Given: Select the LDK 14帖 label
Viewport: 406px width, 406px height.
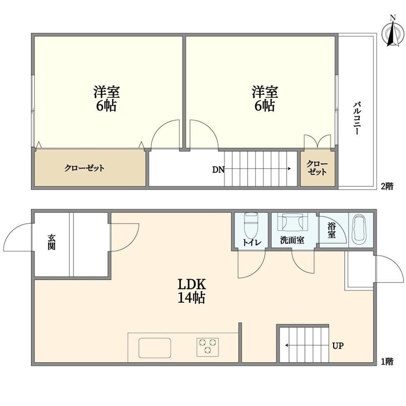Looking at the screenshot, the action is pyautogui.click(x=192, y=291).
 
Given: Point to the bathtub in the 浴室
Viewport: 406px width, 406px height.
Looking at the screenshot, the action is pyautogui.click(x=361, y=228).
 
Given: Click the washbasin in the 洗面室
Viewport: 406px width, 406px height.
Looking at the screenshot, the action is pyautogui.click(x=292, y=222).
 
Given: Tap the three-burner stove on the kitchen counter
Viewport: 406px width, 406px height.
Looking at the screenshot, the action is pyautogui.click(x=207, y=347).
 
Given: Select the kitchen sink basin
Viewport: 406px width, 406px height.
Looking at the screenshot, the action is pyautogui.click(x=154, y=348).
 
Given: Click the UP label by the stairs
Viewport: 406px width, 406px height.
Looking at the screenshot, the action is pyautogui.click(x=338, y=346).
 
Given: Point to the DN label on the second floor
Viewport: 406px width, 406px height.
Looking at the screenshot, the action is pyautogui.click(x=218, y=170).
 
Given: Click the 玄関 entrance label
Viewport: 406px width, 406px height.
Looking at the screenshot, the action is pyautogui.click(x=52, y=242).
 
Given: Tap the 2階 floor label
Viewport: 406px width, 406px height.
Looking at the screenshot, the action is pyautogui.click(x=387, y=186).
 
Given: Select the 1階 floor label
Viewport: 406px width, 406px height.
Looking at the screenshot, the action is pyautogui.click(x=387, y=361).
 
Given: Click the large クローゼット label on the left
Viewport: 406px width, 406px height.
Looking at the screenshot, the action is pyautogui.click(x=84, y=168).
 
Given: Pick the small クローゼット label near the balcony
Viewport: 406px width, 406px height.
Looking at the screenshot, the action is pyautogui.click(x=317, y=168).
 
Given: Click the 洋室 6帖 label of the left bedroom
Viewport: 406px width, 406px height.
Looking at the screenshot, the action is pyautogui.click(x=106, y=99).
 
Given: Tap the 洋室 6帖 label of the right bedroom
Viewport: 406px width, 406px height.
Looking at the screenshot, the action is pyautogui.click(x=265, y=99).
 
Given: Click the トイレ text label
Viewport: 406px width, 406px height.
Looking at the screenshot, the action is pyautogui.click(x=252, y=242).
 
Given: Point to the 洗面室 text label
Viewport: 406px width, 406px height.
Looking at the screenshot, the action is pyautogui.click(x=292, y=240).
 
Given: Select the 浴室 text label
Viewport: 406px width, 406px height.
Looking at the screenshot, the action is pyautogui.click(x=332, y=230).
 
